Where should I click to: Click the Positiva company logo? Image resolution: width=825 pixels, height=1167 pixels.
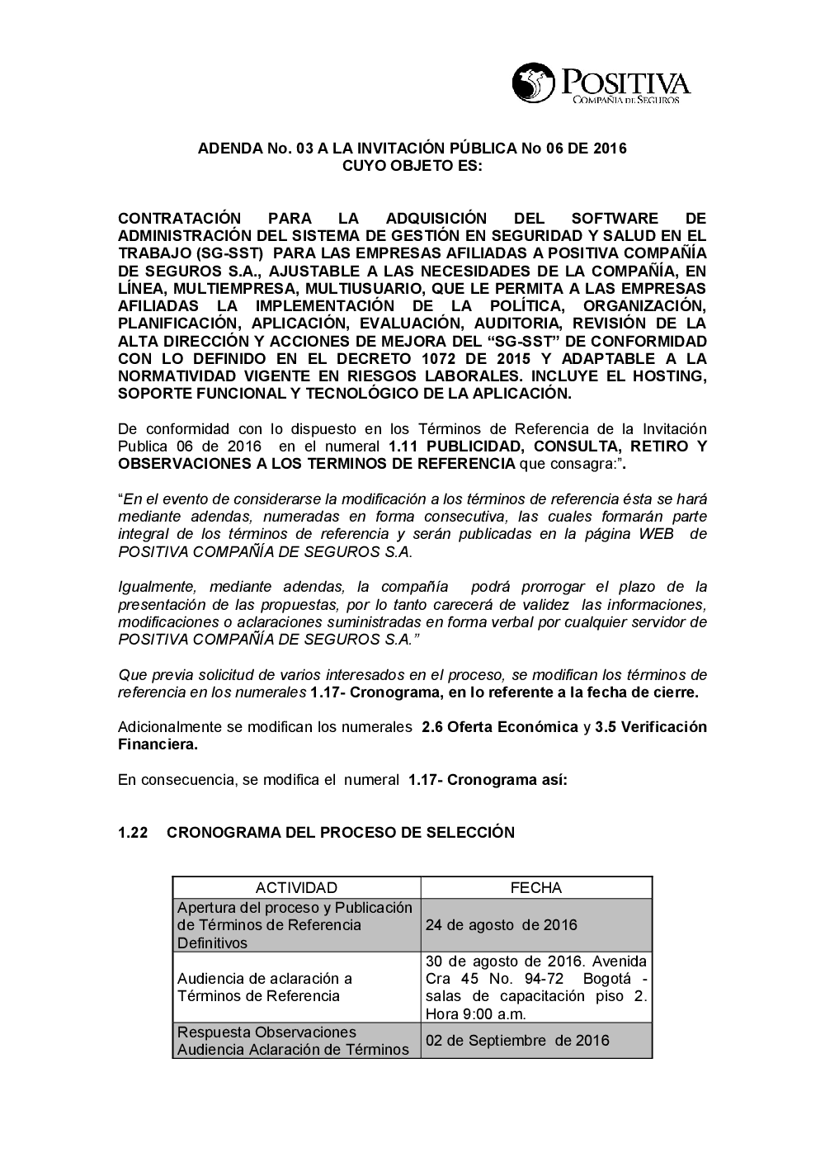pos(601,84)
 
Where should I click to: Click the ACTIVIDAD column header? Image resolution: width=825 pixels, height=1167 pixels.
pos(296,888)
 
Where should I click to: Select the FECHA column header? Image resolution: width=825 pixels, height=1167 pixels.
pos(536,888)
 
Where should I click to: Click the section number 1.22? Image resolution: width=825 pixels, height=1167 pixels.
pos(133,833)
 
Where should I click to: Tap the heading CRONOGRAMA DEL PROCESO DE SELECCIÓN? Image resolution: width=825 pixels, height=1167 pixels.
pos(340,833)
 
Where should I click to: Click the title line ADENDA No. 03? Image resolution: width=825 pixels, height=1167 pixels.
pos(412,149)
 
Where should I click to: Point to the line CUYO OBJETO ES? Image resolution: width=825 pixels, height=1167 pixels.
pos(412,166)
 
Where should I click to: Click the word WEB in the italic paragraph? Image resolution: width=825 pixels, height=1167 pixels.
pos(657,534)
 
